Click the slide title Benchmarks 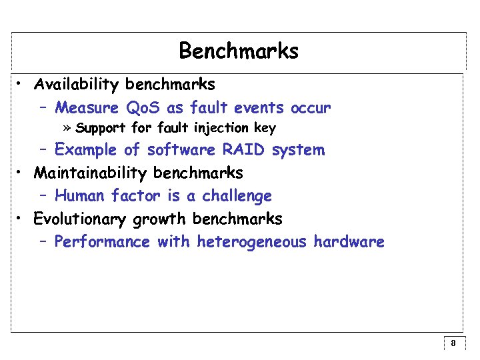tap(239, 51)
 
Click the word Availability tap(77, 85)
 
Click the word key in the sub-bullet tap(265, 128)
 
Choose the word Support tap(101, 128)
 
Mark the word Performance tap(102, 241)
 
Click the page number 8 tap(453, 344)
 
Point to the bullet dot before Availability tap(21, 85)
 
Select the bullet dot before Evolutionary tap(21, 219)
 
